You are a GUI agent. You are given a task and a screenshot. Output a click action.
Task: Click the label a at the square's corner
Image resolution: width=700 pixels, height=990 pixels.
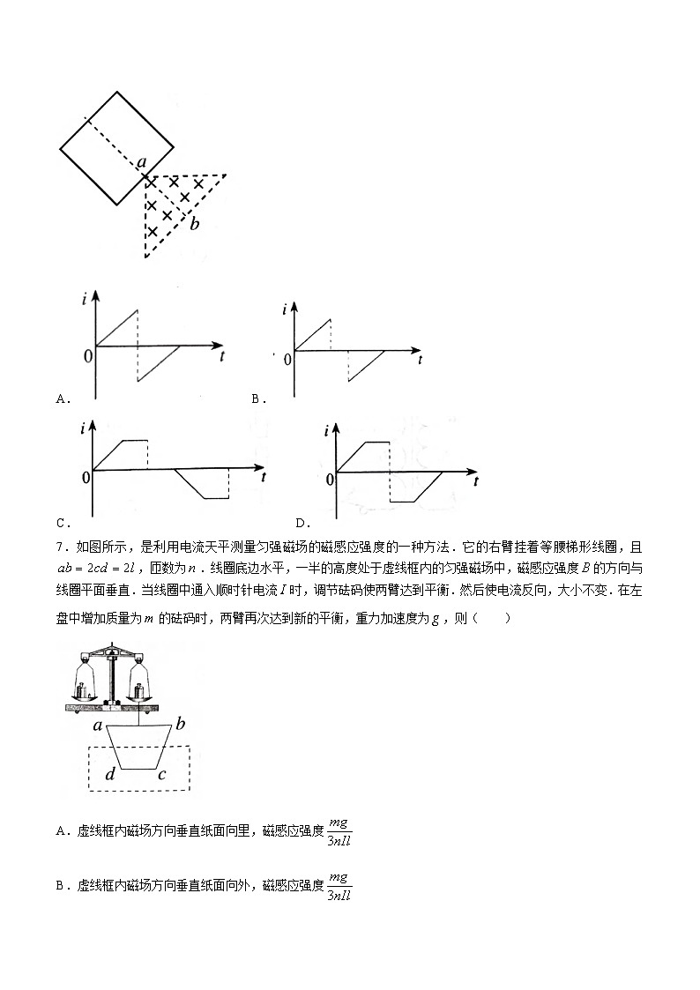[x=141, y=162]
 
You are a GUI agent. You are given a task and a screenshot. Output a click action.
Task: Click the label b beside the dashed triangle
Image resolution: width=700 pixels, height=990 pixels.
[x=195, y=224]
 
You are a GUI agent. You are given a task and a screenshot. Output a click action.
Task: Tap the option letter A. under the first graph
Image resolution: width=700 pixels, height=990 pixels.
[x=63, y=398]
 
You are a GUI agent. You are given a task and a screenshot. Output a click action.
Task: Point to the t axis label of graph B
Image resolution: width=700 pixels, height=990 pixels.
[x=421, y=360]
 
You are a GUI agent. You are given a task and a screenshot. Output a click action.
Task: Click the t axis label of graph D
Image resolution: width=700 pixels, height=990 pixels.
[x=476, y=481]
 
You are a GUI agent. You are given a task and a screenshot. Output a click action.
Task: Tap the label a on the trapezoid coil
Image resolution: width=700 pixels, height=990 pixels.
[x=98, y=726]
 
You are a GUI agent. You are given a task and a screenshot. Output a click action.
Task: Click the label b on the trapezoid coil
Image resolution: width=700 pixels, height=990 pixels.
[x=180, y=725]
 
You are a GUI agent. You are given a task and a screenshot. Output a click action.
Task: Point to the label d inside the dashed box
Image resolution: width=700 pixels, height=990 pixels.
[x=110, y=775]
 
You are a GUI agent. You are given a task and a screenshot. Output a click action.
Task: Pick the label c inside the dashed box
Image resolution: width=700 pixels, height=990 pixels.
[x=161, y=775]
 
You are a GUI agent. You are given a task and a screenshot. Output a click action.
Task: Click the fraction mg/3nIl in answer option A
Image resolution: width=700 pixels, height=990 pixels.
[x=339, y=832]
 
